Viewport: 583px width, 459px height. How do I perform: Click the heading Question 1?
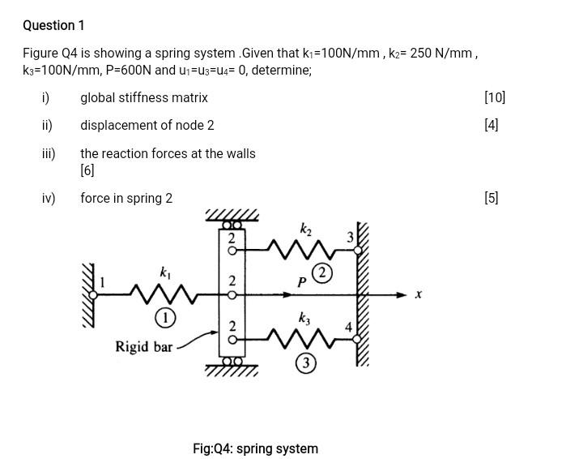pos(53,26)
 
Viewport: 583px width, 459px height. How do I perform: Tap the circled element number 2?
pos(321,273)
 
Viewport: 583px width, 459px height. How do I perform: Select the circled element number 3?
pos(305,363)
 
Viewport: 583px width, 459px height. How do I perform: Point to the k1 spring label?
pos(165,274)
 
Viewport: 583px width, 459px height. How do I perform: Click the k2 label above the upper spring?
pos(305,229)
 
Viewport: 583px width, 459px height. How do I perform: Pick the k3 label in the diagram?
pos(304,319)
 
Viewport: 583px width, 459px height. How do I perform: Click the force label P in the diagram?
pos(301,282)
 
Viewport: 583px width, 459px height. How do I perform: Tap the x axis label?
pos(419,294)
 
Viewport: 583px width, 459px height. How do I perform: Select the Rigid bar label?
pos(144,346)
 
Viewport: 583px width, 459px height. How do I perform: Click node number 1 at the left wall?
pos(102,283)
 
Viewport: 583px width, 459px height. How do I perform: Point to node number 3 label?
pos(350,238)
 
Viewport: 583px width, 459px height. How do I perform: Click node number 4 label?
pos(348,328)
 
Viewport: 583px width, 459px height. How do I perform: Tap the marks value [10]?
pos(494,97)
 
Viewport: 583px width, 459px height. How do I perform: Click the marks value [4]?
pos(491,125)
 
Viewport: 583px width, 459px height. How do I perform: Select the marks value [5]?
pos(491,198)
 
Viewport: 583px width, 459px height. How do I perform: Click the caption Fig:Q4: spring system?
pos(255,448)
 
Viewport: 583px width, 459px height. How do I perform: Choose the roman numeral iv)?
pos(48,198)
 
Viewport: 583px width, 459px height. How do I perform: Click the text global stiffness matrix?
pos(144,97)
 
